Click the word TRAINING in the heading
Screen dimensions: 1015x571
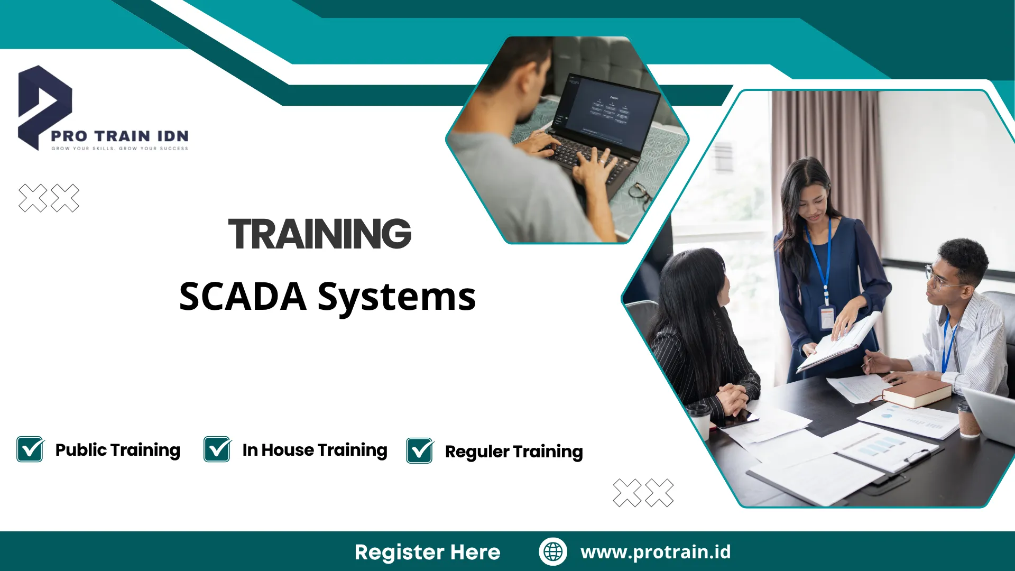pyautogui.click(x=320, y=234)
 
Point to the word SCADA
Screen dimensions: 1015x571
pyautogui.click(x=243, y=296)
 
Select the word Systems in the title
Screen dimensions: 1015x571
pyautogui.click(x=396, y=298)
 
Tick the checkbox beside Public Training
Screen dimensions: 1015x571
pyautogui.click(x=30, y=449)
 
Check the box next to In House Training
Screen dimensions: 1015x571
pyautogui.click(x=217, y=449)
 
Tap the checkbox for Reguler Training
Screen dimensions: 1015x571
pyautogui.click(x=420, y=451)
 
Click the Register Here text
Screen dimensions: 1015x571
pyautogui.click(x=427, y=552)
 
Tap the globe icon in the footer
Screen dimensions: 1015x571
pyautogui.click(x=553, y=551)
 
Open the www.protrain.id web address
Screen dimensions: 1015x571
pyautogui.click(x=656, y=552)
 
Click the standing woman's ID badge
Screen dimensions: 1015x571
pyautogui.click(x=826, y=317)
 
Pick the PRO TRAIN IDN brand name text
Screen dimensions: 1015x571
pyautogui.click(x=119, y=136)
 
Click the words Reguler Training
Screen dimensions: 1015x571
pyautogui.click(x=514, y=452)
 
